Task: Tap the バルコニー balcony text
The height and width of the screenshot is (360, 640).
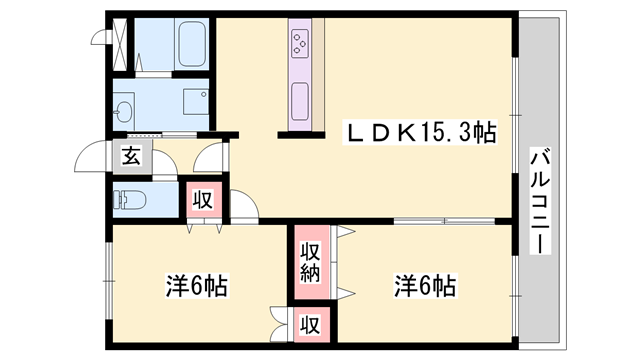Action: pos(540,200)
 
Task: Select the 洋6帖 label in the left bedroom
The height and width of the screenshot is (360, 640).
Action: pos(196,286)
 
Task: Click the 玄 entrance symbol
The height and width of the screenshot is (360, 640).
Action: pos(131,155)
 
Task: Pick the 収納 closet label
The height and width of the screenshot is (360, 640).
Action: pos(311,262)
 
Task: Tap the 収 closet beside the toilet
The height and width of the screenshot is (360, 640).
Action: pos(201,199)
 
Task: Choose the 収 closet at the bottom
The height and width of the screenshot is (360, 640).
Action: pos(311,324)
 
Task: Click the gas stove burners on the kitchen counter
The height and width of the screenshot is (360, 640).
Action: pos(301,43)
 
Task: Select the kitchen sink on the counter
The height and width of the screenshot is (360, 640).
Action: pos(301,100)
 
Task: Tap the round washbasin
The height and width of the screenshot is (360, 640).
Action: pos(124,109)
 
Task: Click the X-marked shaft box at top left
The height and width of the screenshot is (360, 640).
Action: pos(119,40)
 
